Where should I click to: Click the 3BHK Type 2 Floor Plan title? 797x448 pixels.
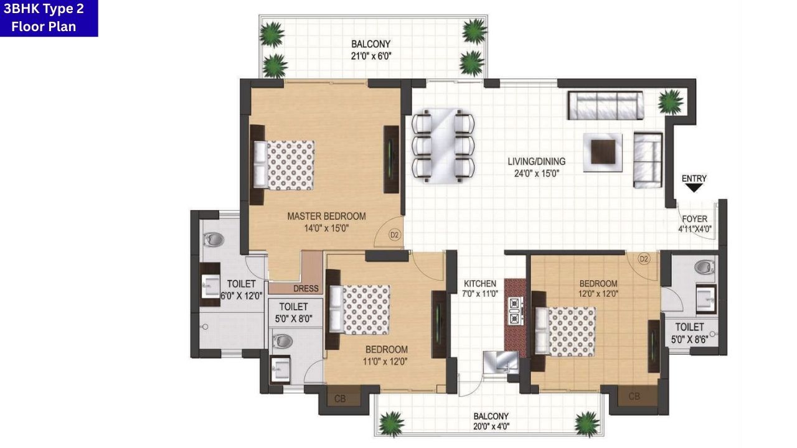tap(49, 18)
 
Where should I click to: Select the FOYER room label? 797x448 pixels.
tap(694, 219)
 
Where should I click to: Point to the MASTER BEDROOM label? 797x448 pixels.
tap(326, 216)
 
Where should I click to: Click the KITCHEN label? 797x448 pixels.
tap(479, 284)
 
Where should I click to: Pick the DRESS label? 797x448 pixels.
tap(306, 289)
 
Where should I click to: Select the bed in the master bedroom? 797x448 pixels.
tap(284, 164)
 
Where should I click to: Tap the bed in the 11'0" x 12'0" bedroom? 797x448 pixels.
tap(360, 309)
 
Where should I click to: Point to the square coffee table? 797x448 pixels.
tap(602, 151)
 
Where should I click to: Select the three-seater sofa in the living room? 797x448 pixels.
tap(605, 105)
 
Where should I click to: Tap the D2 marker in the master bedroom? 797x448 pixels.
tap(394, 235)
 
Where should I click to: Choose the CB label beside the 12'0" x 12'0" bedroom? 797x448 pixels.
tap(634, 396)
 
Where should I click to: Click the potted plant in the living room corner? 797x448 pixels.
tap(670, 100)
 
